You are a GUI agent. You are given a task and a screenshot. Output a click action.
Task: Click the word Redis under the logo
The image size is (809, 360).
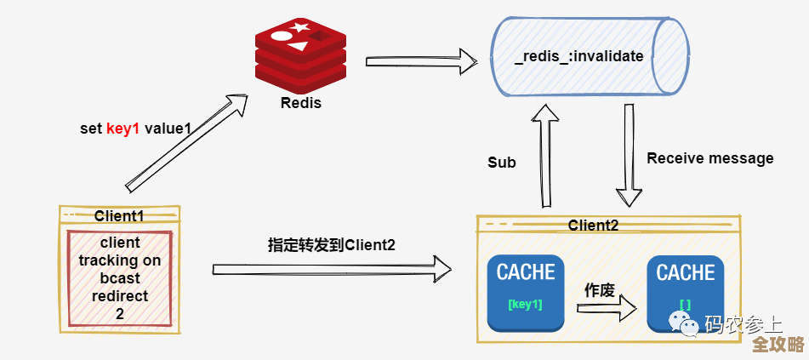(x=301, y=103)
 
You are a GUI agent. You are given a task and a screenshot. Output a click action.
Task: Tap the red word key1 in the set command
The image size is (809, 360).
(x=122, y=129)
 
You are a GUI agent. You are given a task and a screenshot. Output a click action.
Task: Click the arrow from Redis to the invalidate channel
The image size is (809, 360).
(x=420, y=61)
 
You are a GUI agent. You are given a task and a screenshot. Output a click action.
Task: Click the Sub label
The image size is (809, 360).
(x=501, y=163)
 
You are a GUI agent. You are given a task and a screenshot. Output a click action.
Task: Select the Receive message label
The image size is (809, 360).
(x=709, y=158)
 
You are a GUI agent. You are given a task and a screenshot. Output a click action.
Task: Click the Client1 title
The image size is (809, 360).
(x=119, y=216)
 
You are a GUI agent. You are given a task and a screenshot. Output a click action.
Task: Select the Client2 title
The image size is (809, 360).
(x=593, y=226)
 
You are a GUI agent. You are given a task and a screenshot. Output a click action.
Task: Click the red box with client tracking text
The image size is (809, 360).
(x=119, y=277)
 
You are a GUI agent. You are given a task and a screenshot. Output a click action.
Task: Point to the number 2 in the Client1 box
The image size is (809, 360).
(x=119, y=313)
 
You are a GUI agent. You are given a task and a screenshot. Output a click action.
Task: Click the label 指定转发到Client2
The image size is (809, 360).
(x=332, y=244)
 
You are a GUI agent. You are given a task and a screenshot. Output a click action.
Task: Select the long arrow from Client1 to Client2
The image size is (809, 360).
(x=332, y=269)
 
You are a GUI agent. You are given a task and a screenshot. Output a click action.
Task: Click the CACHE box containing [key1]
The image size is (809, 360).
(x=526, y=293)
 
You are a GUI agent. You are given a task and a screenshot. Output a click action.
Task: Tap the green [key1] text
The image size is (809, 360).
(x=525, y=304)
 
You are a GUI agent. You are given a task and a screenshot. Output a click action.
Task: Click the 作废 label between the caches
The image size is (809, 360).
(x=599, y=289)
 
